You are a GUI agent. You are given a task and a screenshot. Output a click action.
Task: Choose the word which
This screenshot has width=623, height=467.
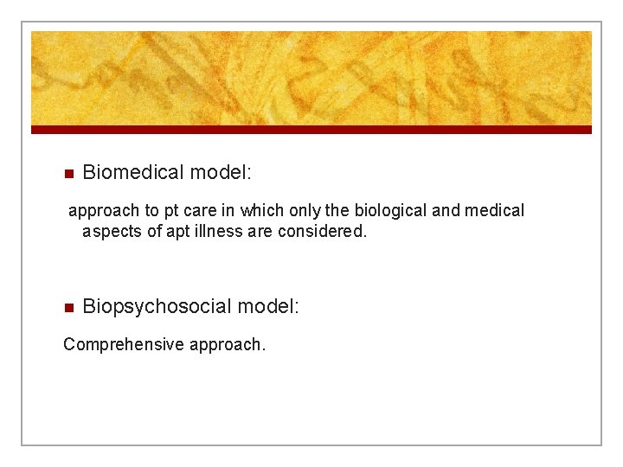click(x=262, y=210)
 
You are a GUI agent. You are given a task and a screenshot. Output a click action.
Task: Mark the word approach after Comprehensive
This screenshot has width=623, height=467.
click(x=227, y=345)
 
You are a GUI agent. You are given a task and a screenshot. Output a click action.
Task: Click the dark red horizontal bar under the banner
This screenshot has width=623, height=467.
click(x=311, y=130)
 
